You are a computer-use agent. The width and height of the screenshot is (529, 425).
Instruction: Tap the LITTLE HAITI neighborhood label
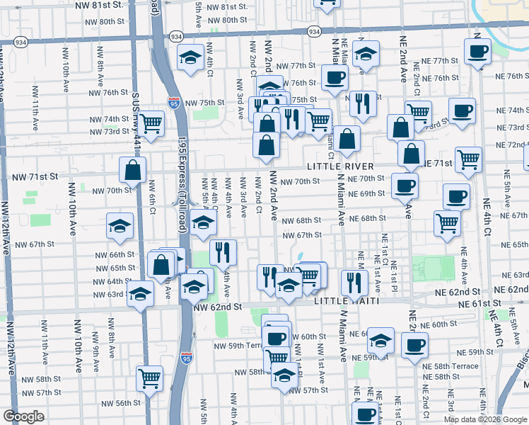tap(341, 301)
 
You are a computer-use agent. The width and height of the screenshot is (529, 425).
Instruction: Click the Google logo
tap(24, 416)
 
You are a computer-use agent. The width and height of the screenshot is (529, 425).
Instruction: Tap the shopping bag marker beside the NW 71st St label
tap(133, 170)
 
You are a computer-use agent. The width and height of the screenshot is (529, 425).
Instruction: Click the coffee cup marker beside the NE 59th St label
tap(414, 345)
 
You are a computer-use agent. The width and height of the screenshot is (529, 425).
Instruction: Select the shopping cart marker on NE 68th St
tap(447, 222)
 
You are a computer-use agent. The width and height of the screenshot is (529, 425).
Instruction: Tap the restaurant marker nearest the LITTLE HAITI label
tap(354, 282)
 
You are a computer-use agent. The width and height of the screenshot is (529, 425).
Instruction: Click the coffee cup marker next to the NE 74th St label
tap(462, 111)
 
